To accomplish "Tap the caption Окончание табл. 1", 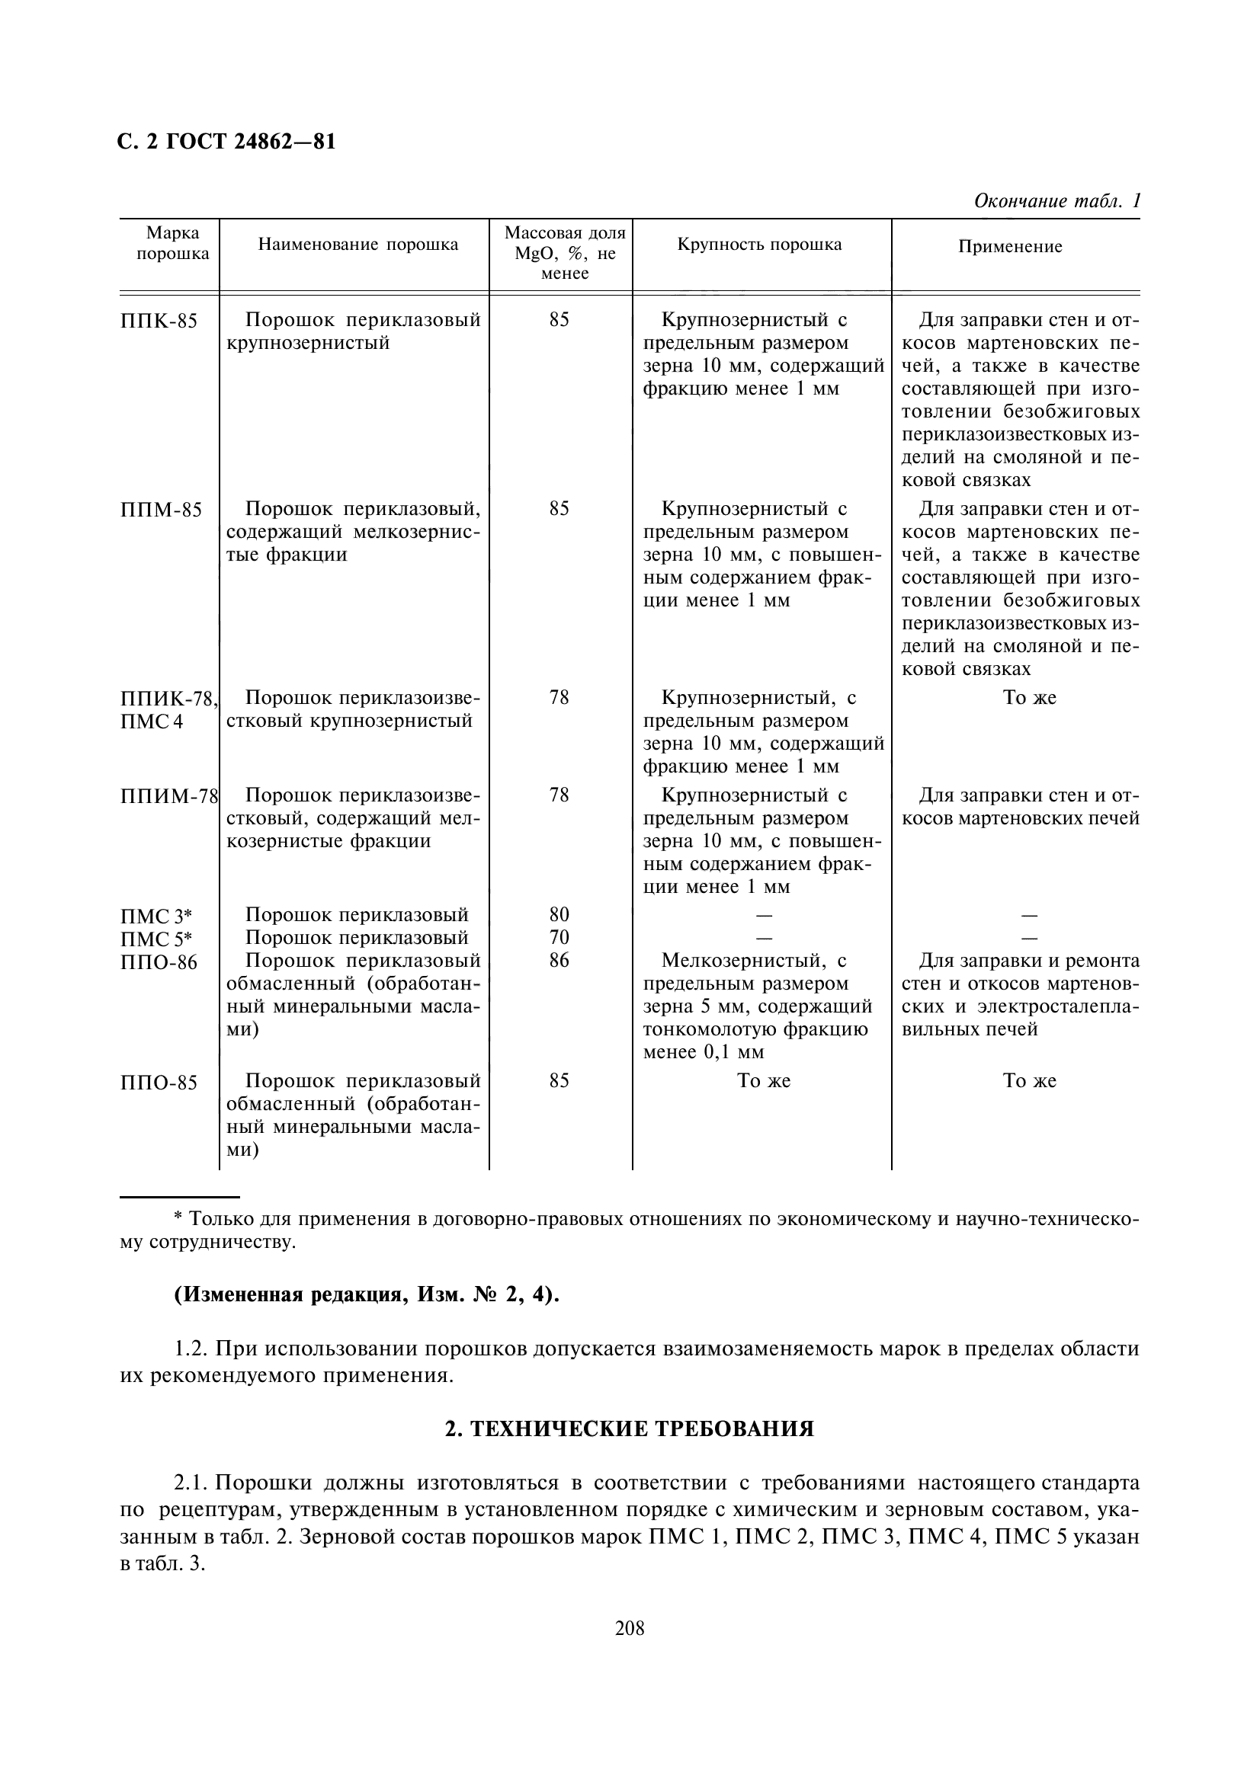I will tap(1056, 201).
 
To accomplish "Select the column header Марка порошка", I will tap(172, 244).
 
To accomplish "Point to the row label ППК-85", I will tap(159, 322).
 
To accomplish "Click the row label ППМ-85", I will tap(161, 510).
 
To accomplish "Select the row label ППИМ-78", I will tap(168, 796).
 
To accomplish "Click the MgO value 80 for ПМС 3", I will tap(559, 914).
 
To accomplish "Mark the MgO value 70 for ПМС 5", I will tap(559, 938).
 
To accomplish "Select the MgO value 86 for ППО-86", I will tap(559, 961).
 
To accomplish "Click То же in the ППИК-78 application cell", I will tap(1030, 698).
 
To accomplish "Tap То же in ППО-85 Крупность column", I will tap(763, 1081).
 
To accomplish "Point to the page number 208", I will tap(630, 1628).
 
